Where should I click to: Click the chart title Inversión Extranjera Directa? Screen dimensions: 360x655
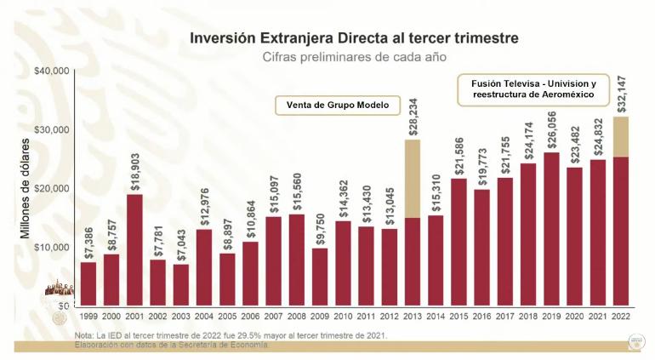point(353,38)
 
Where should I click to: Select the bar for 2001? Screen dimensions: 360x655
point(134,249)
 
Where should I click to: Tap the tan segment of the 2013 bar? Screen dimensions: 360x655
point(412,178)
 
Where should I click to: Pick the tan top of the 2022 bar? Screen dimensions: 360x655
point(620,136)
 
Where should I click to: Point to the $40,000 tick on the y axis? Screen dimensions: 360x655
point(51,71)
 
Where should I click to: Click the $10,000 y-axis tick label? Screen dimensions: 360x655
point(51,247)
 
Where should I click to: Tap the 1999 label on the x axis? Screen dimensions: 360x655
point(88,316)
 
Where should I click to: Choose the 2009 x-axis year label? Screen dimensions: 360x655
point(319,316)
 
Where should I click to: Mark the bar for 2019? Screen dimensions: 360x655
point(551,228)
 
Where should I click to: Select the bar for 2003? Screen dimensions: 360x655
point(180,284)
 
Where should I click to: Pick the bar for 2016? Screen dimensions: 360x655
point(481,247)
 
